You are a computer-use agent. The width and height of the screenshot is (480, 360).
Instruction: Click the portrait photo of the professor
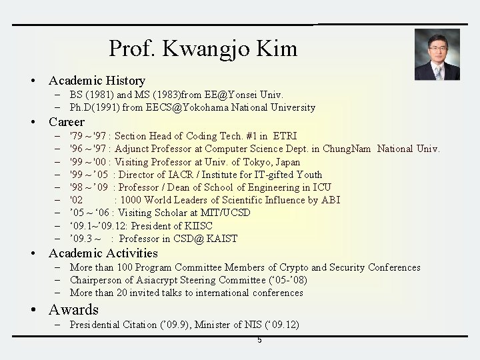(x=437, y=55)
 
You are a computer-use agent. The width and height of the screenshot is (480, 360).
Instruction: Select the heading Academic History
(x=97, y=81)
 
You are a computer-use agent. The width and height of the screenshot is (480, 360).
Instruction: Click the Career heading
(x=67, y=122)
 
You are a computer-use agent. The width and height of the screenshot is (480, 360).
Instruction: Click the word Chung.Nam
(x=347, y=149)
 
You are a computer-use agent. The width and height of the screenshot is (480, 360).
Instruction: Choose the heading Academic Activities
(x=103, y=253)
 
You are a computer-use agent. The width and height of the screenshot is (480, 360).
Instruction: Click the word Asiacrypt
(x=155, y=280)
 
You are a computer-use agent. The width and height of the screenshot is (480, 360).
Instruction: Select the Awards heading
(x=73, y=310)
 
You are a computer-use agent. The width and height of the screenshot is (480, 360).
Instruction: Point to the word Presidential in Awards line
(x=98, y=325)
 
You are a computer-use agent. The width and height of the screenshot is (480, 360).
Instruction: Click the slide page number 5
(x=259, y=341)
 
